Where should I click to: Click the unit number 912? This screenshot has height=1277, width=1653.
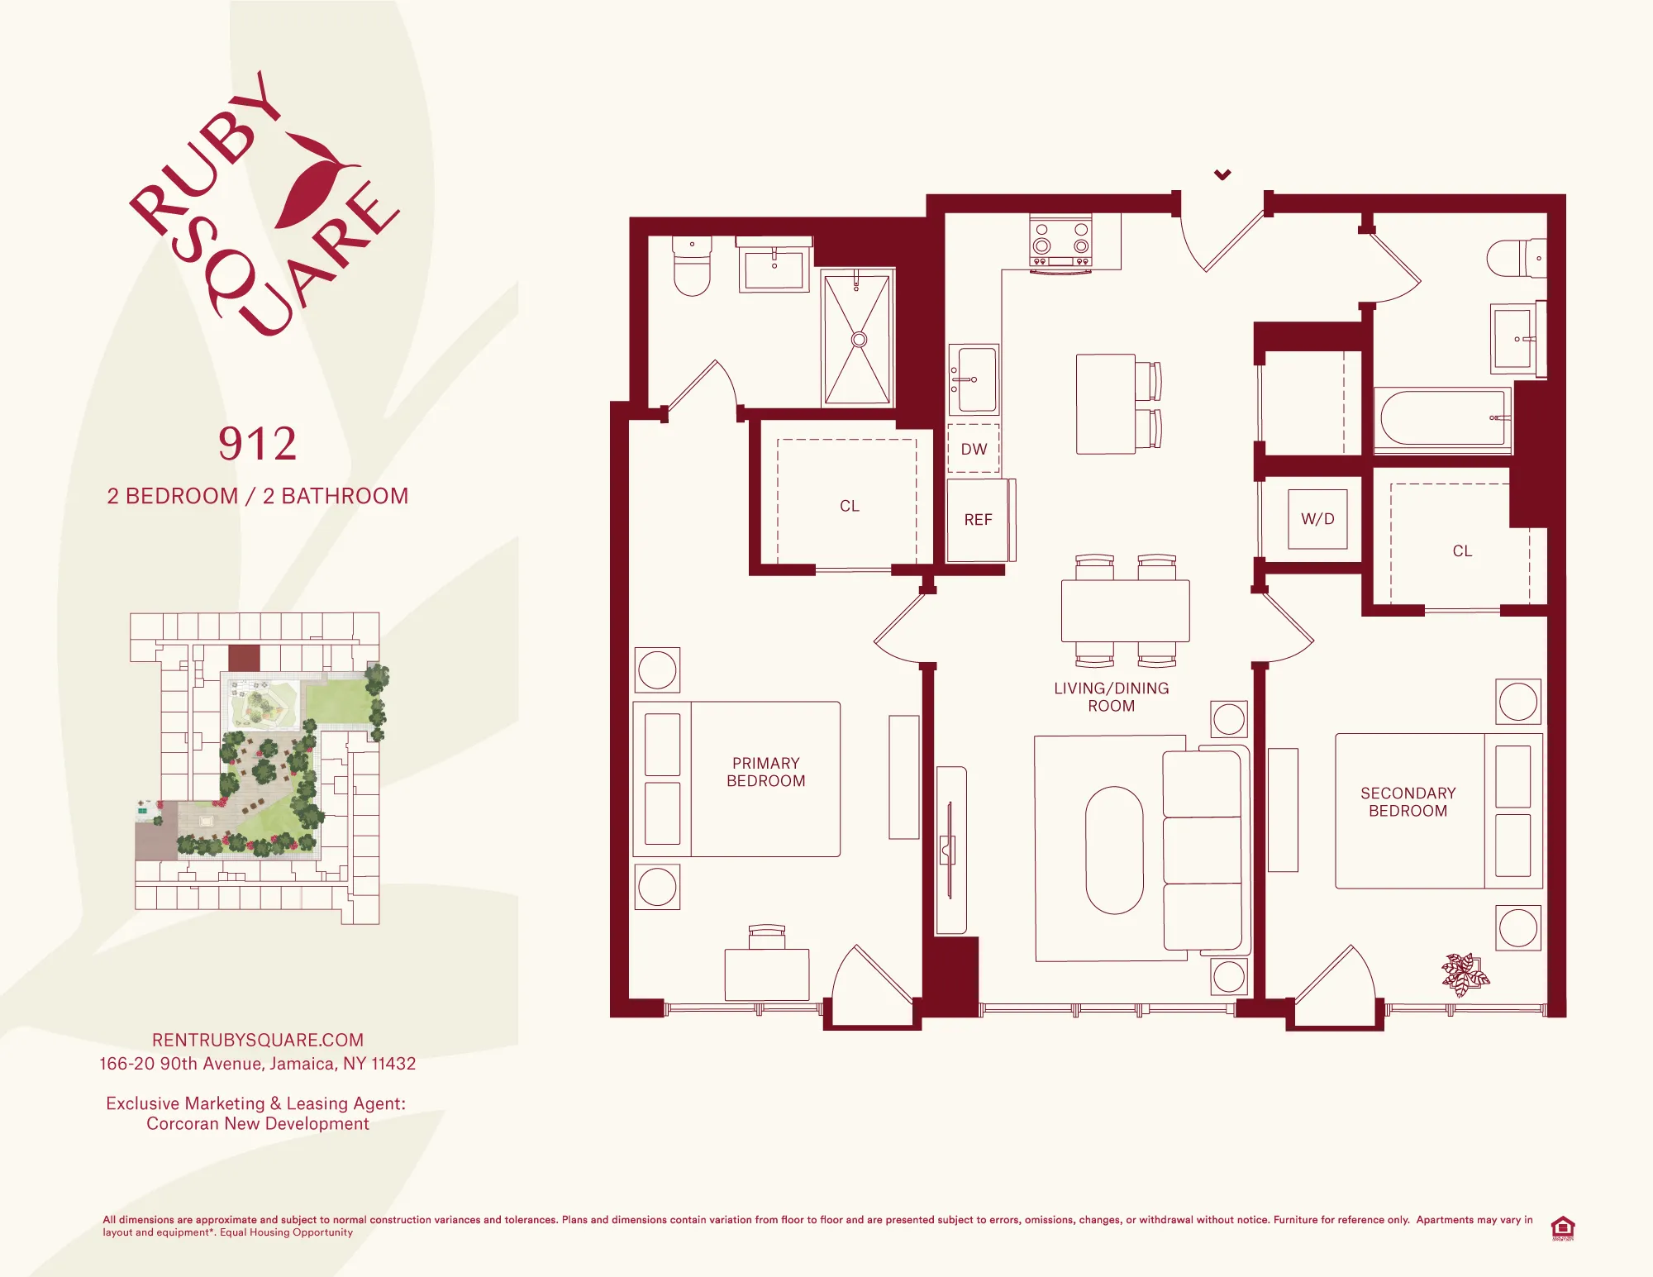coord(257,445)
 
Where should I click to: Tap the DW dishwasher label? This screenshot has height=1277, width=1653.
coord(974,449)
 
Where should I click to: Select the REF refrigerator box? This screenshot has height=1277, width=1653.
coord(977,520)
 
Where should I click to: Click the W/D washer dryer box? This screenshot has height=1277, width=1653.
coord(1317,519)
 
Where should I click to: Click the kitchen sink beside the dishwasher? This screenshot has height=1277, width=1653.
coord(975,379)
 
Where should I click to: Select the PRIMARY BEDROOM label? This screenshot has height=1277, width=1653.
coord(765,772)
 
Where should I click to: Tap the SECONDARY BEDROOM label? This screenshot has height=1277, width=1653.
coord(1408,802)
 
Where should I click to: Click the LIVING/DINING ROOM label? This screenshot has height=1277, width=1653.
coord(1111,697)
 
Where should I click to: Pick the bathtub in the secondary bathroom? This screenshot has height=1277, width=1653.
coord(1441,419)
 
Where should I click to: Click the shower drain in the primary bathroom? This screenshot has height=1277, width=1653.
coord(859,340)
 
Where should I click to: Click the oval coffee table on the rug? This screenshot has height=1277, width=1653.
coord(1114,850)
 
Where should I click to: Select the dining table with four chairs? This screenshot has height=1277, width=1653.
coord(1125,611)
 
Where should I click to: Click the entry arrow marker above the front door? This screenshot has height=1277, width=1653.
coord(1222,174)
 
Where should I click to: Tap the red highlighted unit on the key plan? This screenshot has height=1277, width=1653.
coord(244,658)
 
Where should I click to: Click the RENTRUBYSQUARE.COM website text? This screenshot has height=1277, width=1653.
coord(257,1040)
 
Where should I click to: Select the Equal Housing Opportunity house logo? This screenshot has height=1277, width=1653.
coord(1562,1227)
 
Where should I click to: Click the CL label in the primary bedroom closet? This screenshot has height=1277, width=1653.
coord(849,506)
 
